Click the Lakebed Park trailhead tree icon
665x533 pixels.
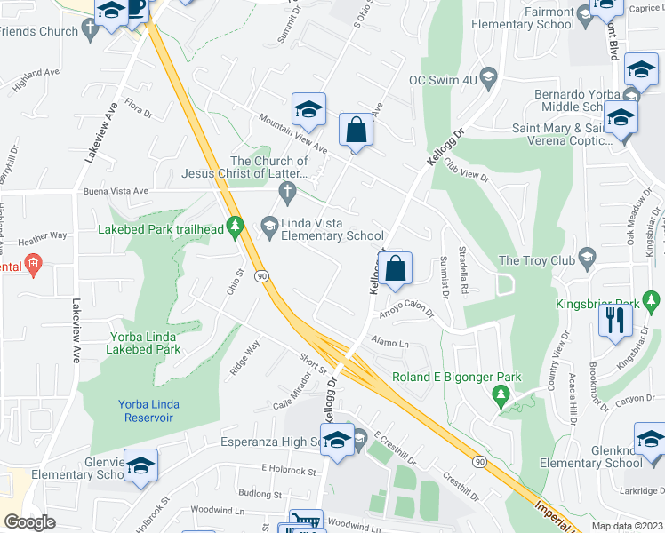[236, 228]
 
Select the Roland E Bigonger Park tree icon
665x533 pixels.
[502, 394]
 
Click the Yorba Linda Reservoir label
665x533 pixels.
[148, 410]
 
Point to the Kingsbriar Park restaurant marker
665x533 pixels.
[614, 320]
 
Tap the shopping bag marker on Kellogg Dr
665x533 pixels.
[397, 266]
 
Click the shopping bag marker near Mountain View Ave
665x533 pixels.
[356, 130]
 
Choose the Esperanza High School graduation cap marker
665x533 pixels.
[337, 441]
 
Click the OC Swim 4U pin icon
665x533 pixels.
[487, 79]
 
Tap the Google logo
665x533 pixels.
[29, 522]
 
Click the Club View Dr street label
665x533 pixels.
[467, 170]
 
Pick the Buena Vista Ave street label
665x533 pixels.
[115, 191]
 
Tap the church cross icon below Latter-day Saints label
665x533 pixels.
[286, 191]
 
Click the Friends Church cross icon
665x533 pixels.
[90, 31]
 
